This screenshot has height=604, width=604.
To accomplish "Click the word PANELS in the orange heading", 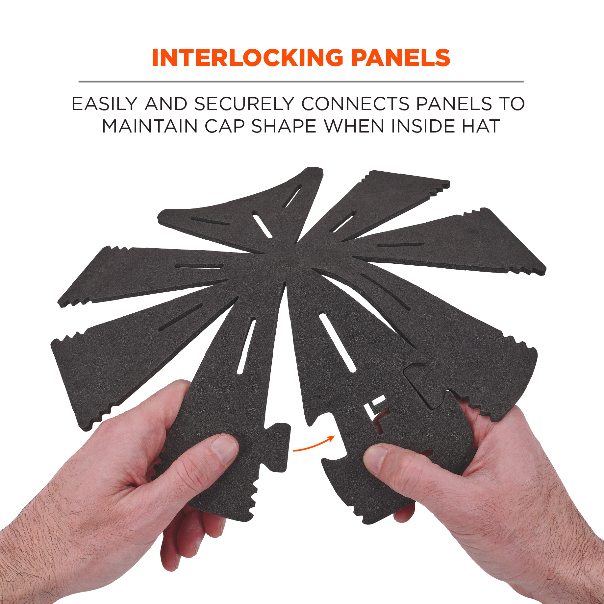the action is tap(401, 58).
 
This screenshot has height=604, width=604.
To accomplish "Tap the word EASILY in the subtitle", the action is tap(104, 104).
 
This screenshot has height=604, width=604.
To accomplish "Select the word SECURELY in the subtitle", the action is tap(244, 104).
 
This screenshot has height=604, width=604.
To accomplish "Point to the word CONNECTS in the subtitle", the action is tap(355, 104).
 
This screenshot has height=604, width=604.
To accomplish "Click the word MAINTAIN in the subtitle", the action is tap(149, 126).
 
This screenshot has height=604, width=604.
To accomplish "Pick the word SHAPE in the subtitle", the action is tap(284, 126).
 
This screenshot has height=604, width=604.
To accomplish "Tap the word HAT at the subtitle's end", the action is tap(481, 126).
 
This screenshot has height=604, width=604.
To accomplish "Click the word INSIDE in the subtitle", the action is tap(423, 126).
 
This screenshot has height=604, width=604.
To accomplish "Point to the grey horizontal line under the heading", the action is tap(301, 81).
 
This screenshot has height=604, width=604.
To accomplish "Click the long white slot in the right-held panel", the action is tap(338, 343).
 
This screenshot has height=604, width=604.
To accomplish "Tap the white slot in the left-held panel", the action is tap(246, 347).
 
